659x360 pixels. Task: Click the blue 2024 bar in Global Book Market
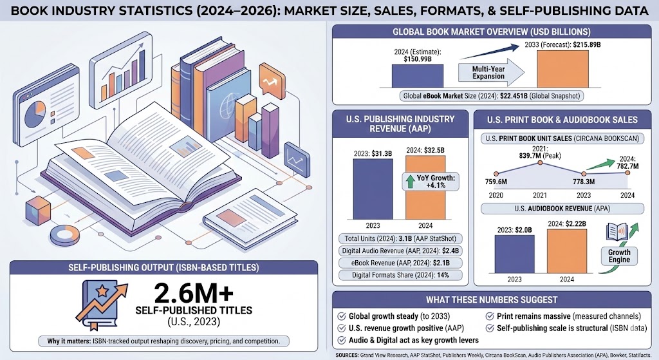coord(416,75)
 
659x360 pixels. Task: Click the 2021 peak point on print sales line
coord(540,163)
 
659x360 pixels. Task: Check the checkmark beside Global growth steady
coord(341,316)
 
